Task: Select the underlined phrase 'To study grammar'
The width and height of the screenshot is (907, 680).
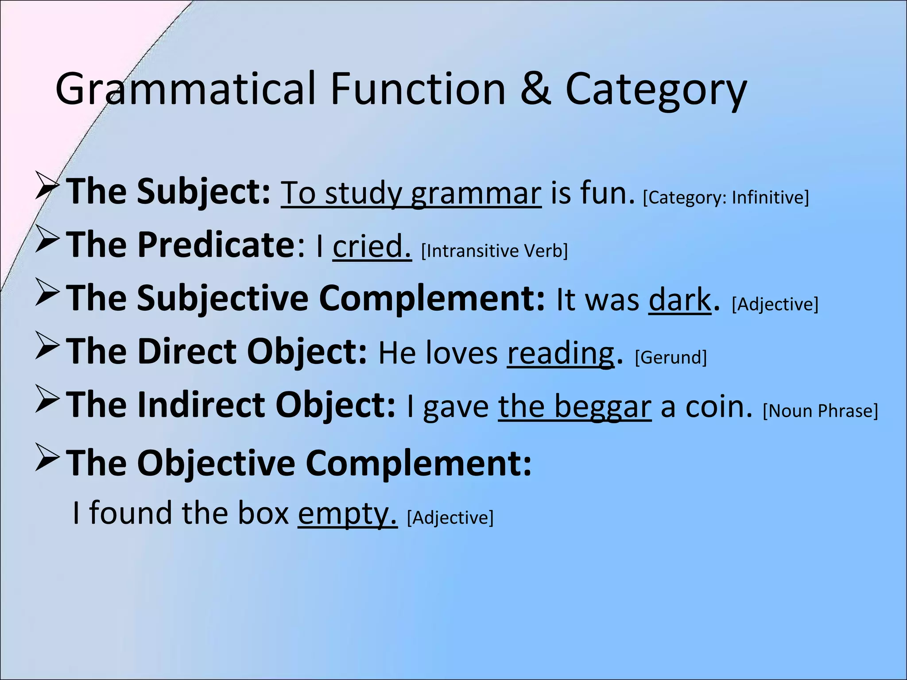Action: [x=411, y=194]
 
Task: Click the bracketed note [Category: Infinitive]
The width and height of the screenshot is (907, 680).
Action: [x=726, y=197]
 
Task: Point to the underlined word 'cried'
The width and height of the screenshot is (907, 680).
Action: [x=372, y=246]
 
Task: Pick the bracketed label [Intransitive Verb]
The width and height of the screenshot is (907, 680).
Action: [x=494, y=251]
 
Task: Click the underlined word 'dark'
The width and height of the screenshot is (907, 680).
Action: [x=679, y=300]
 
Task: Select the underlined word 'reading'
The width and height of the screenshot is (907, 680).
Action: [x=561, y=354]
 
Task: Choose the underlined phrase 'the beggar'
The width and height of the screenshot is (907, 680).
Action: [x=574, y=407]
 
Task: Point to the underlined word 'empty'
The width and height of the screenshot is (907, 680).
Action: [x=346, y=514]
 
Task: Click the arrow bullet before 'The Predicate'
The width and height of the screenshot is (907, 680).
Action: [x=47, y=240]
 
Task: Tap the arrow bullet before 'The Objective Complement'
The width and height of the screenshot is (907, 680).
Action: [x=47, y=459]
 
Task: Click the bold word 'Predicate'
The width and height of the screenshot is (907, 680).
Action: [x=216, y=245]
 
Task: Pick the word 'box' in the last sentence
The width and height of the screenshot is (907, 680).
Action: [x=263, y=513]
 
